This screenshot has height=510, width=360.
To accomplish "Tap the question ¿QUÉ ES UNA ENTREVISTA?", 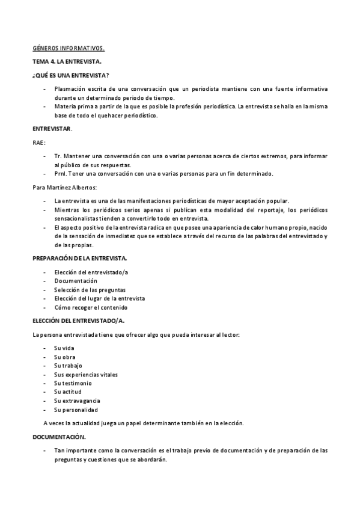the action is pos(70,75).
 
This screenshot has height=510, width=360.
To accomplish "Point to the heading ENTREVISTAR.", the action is pos(52,129).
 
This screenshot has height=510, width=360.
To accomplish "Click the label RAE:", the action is pos(38,143).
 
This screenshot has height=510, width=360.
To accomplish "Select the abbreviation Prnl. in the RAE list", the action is pos(60,174).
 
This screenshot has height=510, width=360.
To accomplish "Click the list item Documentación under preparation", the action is pos(75,281).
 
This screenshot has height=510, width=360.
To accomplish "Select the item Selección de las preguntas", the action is pos(90,290).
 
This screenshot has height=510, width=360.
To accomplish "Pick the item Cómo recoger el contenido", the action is pos(90,307).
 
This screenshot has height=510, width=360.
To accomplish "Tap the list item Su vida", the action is pos(64,348).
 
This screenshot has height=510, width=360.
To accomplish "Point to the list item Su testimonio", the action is pos(73,383).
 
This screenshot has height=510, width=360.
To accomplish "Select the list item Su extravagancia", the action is pos(77,401).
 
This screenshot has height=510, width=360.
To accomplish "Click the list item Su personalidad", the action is pos(76,410).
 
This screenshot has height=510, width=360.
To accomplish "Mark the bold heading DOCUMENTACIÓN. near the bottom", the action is pos(59,437).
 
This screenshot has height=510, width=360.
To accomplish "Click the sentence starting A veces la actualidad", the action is pos(143,423).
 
